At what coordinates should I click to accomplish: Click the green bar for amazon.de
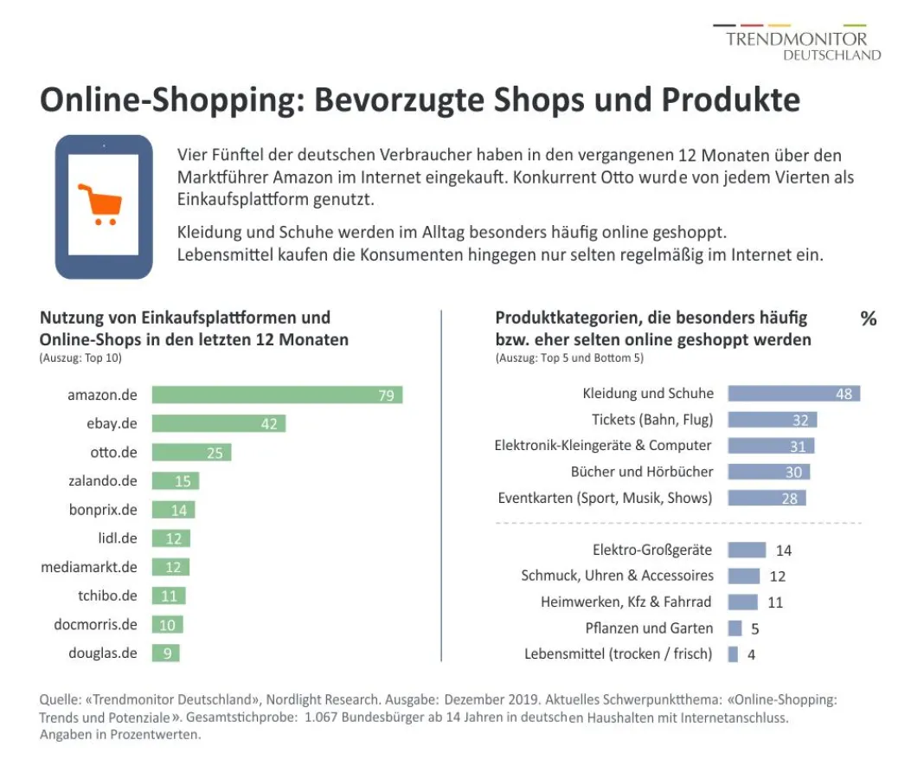[x=277, y=395]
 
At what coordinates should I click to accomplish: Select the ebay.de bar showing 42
[x=218, y=423]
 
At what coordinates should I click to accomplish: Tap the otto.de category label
[x=113, y=452]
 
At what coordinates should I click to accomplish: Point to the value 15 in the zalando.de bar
[x=183, y=481]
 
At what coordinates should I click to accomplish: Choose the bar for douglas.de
[x=165, y=653]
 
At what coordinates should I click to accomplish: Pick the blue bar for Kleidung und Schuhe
[x=793, y=394]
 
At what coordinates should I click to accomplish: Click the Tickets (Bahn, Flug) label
[x=651, y=420]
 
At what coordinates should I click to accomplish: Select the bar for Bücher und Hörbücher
[x=768, y=472]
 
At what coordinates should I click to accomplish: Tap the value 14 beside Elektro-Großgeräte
[x=784, y=550]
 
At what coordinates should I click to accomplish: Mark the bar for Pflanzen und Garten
[x=735, y=628]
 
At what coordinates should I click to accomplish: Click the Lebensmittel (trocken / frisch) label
[x=618, y=653]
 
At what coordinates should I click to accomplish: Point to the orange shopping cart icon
[x=99, y=204]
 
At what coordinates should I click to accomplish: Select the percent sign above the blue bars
[x=868, y=319]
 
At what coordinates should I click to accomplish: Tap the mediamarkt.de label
[x=89, y=567]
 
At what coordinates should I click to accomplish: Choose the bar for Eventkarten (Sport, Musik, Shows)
[x=767, y=498]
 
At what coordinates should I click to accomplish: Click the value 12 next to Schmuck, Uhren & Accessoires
[x=777, y=576]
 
